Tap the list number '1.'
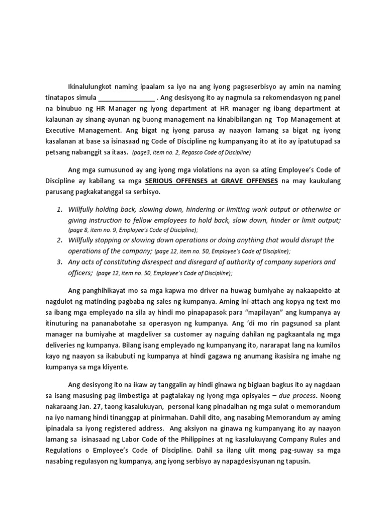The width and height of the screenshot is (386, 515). (59, 209)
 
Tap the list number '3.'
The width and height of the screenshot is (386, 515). (59, 262)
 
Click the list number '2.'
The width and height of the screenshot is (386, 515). (59, 240)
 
